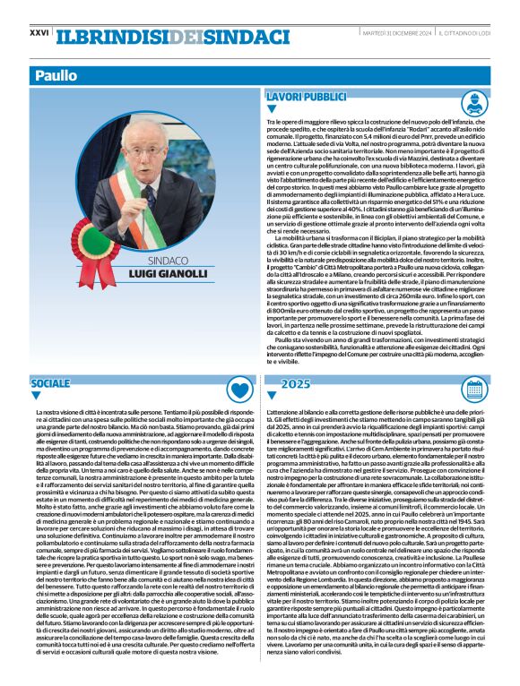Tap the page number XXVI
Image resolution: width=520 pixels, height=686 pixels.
[39, 32]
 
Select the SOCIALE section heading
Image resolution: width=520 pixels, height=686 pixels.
[50, 383]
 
